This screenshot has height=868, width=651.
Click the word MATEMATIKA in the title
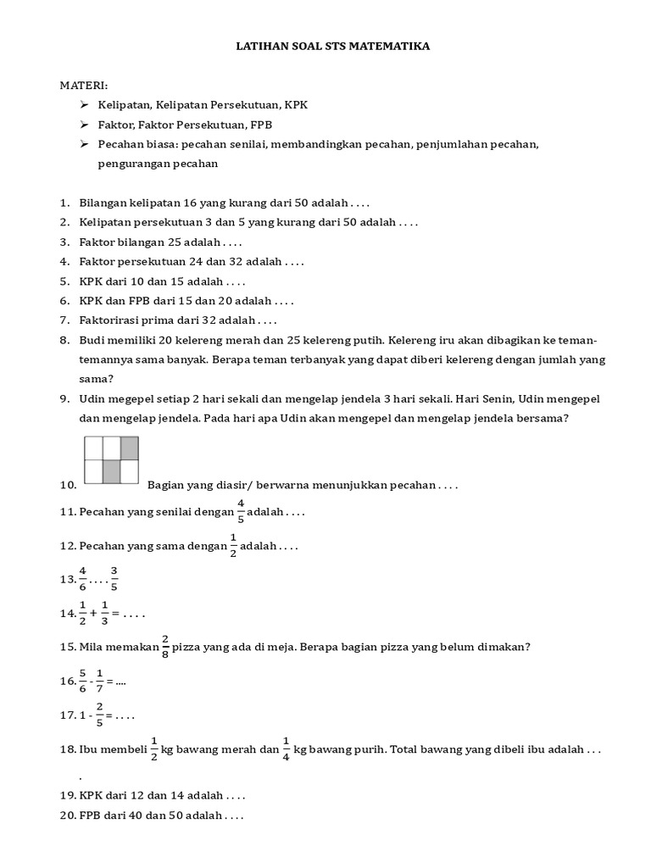(x=392, y=47)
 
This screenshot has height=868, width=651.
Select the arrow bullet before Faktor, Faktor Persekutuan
(x=84, y=125)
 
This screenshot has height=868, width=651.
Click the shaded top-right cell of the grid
(x=129, y=447)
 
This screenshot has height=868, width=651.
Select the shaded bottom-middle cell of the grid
(x=111, y=471)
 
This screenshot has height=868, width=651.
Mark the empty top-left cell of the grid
(x=93, y=447)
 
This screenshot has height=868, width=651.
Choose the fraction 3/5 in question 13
(x=115, y=578)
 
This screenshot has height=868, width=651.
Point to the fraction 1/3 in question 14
(x=105, y=612)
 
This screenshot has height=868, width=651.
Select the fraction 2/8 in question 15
(x=164, y=647)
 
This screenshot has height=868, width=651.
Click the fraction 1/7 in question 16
(x=100, y=681)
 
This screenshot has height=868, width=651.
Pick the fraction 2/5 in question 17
(x=100, y=715)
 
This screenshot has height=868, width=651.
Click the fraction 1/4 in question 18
(x=287, y=750)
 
